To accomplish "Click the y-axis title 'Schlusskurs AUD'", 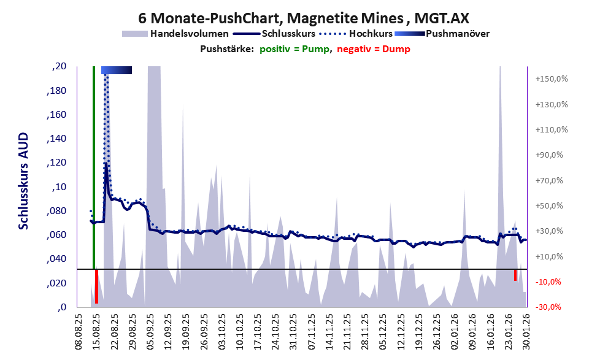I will click(23, 181).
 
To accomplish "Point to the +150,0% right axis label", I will click(552, 79).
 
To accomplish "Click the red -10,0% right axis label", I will click(552, 282).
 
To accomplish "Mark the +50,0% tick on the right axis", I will click(552, 206).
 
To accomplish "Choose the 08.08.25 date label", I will click(78, 332).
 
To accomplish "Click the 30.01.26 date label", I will click(526, 332).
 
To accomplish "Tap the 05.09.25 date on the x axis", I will click(150, 332).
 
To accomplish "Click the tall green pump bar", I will click(94, 166).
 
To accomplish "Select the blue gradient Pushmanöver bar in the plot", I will click(117, 71).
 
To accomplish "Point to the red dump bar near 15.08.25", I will click(96, 286).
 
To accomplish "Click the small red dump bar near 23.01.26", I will click(515, 275).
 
